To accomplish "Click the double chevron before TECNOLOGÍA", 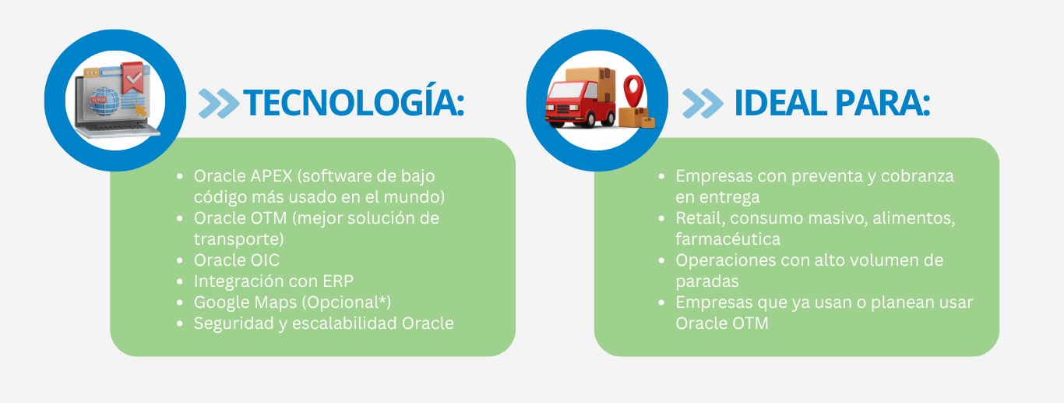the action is coord(219,103).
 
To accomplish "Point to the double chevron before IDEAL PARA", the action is coord(703,103).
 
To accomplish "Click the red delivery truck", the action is coord(580,104).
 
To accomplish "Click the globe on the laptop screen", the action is coord(104,101).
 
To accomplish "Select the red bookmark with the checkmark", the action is coord(132,77).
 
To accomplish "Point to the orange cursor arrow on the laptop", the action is coord(140,110).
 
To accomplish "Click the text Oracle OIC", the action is coord(237,260).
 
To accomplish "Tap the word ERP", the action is coord(338,281).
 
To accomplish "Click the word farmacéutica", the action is coord(728,239).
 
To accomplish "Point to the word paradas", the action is coord(706,281).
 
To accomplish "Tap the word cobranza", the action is coord(918,176).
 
